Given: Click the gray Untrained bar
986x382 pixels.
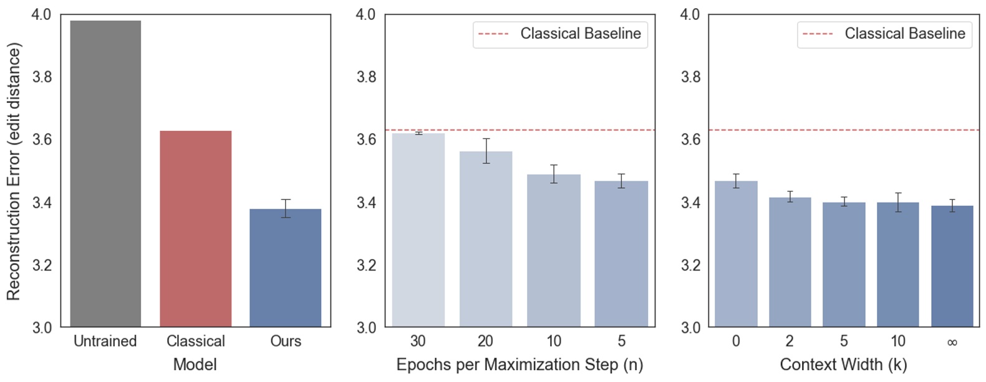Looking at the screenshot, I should (x=105, y=174).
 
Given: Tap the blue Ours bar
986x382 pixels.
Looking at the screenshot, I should (x=286, y=268).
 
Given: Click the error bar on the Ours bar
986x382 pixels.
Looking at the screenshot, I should (x=286, y=208).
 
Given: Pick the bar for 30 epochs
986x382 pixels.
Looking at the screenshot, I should (x=418, y=231).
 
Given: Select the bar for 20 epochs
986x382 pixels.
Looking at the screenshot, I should (x=486, y=239).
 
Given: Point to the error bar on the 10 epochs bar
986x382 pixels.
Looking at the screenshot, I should (x=554, y=174).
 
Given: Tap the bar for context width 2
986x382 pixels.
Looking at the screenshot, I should (x=790, y=262).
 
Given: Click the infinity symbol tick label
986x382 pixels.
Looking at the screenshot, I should (x=952, y=342).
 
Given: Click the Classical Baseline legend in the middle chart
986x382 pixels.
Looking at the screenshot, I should (x=560, y=34).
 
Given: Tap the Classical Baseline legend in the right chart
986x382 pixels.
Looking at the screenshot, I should (x=884, y=34).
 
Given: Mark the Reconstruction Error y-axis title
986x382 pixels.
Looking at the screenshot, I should (x=14, y=171).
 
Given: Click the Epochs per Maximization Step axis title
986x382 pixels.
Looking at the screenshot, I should (x=520, y=365).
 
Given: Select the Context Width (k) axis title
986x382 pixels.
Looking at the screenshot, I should (x=843, y=365).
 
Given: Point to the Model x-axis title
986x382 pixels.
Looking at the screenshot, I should (x=195, y=365).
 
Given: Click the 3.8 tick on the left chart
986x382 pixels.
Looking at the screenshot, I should (x=42, y=77).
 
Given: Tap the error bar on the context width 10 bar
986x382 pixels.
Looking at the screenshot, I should (x=898, y=202).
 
